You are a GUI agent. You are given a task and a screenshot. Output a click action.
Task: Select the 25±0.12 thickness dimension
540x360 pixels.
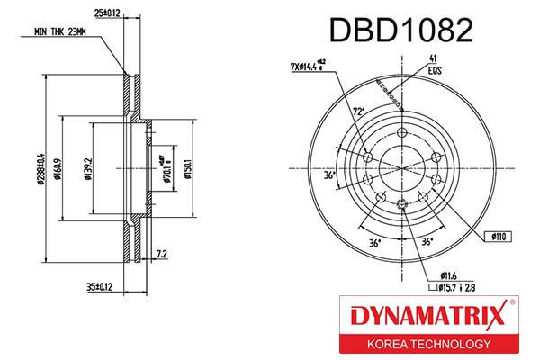(x=107, y=12)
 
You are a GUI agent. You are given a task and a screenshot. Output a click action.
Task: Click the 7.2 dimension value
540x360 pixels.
(x=161, y=255)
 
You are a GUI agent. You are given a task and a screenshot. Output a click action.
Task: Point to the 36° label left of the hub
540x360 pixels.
(x=331, y=175)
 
